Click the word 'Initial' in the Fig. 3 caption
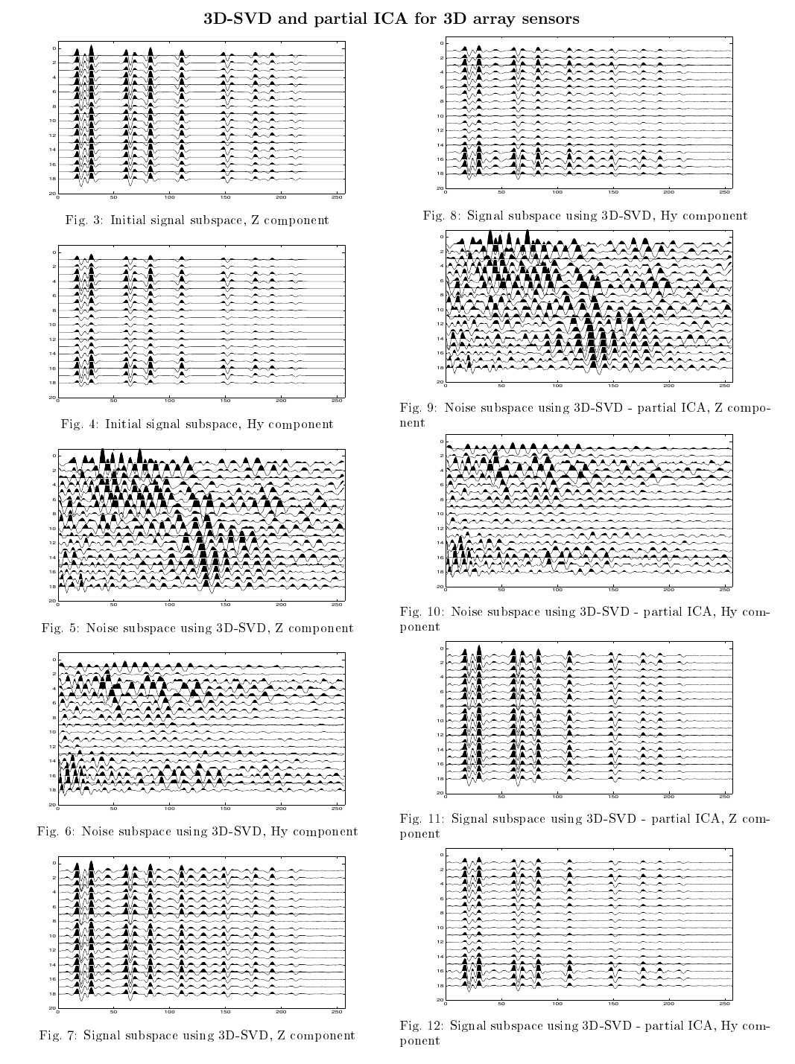128,220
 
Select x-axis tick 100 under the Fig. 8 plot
557,192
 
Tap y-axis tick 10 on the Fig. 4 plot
52,325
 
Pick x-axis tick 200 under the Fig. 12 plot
669,1003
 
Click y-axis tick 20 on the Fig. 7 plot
52,1007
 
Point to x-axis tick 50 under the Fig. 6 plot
113,808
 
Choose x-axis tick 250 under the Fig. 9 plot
725,385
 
